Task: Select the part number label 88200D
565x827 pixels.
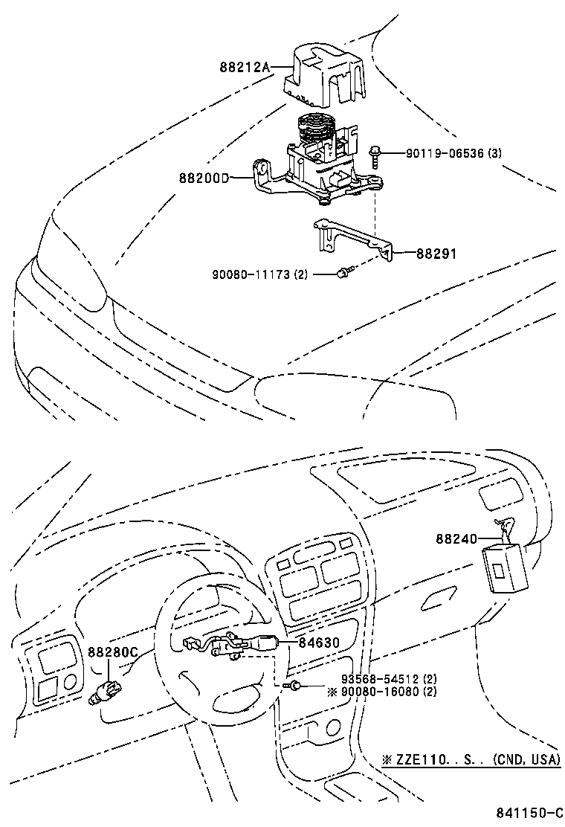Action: [203, 178]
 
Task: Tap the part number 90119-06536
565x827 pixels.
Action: [445, 153]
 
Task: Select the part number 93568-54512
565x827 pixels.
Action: [380, 680]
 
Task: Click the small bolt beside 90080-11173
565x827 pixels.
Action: [343, 274]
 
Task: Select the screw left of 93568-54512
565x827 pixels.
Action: [296, 685]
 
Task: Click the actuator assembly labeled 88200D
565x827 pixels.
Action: [320, 167]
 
